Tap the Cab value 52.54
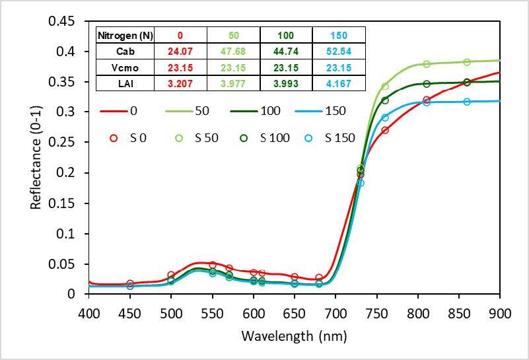tap(337, 52)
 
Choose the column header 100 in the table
tap(285, 36)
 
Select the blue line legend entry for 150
tap(318, 112)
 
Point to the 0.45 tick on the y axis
tap(66, 21)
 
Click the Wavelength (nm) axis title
tap(294, 336)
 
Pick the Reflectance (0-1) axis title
tap(36, 158)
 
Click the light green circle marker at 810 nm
tap(426, 64)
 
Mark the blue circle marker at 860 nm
tap(467, 102)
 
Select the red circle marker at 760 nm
tap(385, 130)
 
